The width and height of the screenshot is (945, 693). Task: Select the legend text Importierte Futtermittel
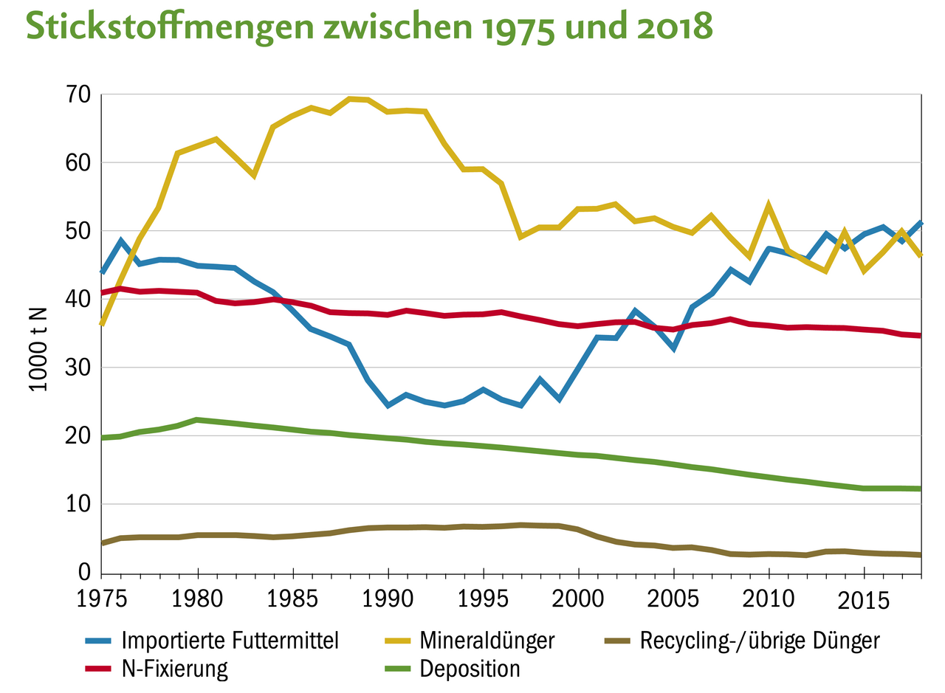230,640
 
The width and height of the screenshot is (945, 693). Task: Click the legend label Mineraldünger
487,640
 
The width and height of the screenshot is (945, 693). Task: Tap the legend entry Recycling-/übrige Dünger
760,640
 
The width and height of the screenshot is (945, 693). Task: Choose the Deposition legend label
470,669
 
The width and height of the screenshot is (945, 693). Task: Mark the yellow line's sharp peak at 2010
769,205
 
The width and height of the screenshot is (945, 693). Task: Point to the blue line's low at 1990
388,405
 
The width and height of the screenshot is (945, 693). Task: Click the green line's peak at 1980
197,419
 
